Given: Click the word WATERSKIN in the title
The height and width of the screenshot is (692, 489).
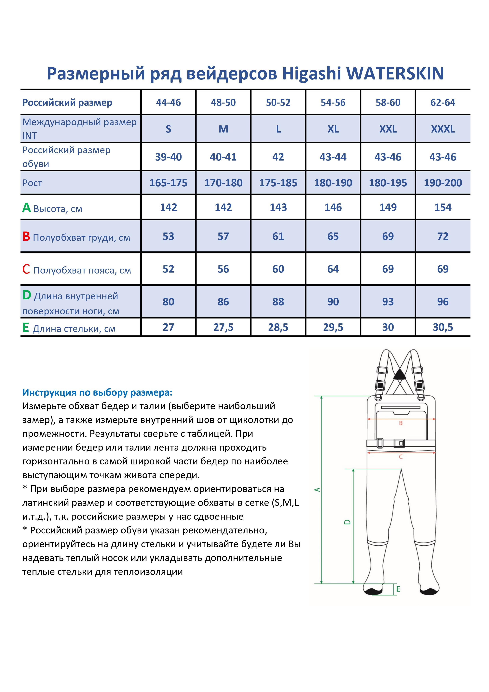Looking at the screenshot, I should pos(395,73).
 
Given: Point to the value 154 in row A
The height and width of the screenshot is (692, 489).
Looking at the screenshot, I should pos(443,207).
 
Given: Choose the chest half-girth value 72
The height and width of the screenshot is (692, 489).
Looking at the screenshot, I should pos(443,236).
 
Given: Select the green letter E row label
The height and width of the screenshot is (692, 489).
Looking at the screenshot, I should pos(26,328).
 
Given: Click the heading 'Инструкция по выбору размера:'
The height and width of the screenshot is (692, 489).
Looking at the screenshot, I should pos(97,392).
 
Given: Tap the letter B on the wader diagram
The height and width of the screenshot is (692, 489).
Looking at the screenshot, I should pos(401,423).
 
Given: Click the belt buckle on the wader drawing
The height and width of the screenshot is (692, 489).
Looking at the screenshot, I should pos(399,443).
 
